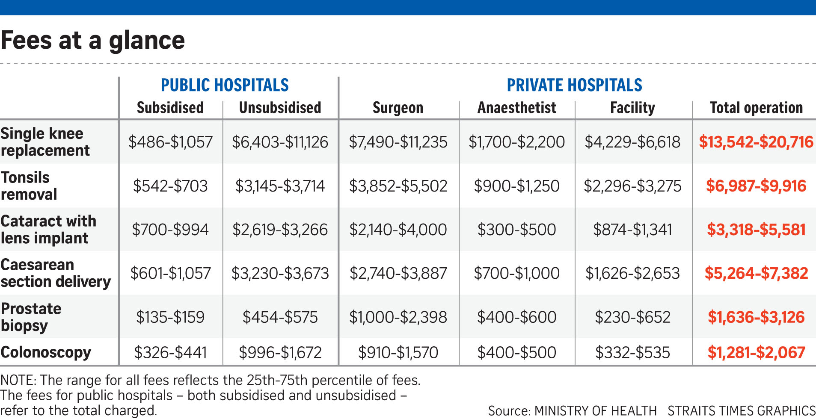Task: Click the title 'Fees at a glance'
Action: point(93,41)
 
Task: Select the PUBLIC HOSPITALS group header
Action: point(225,85)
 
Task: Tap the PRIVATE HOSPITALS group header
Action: point(574,85)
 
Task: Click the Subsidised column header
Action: point(170,108)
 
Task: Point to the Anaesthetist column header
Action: point(516,108)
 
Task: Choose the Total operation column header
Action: point(756,108)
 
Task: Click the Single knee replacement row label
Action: point(45,142)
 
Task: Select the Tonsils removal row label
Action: point(29,186)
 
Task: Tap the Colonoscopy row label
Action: point(46,352)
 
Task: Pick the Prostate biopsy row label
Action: point(31,317)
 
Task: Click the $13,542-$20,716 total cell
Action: point(756,142)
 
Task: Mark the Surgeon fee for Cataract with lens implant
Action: point(398,230)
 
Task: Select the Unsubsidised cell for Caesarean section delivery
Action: point(280,273)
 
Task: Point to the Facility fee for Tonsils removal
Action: point(632,186)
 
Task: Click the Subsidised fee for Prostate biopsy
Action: point(170,317)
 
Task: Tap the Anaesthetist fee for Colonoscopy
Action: point(516,353)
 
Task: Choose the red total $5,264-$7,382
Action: point(756,273)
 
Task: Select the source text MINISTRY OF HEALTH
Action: point(595,411)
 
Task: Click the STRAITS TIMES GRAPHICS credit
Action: point(742,411)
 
